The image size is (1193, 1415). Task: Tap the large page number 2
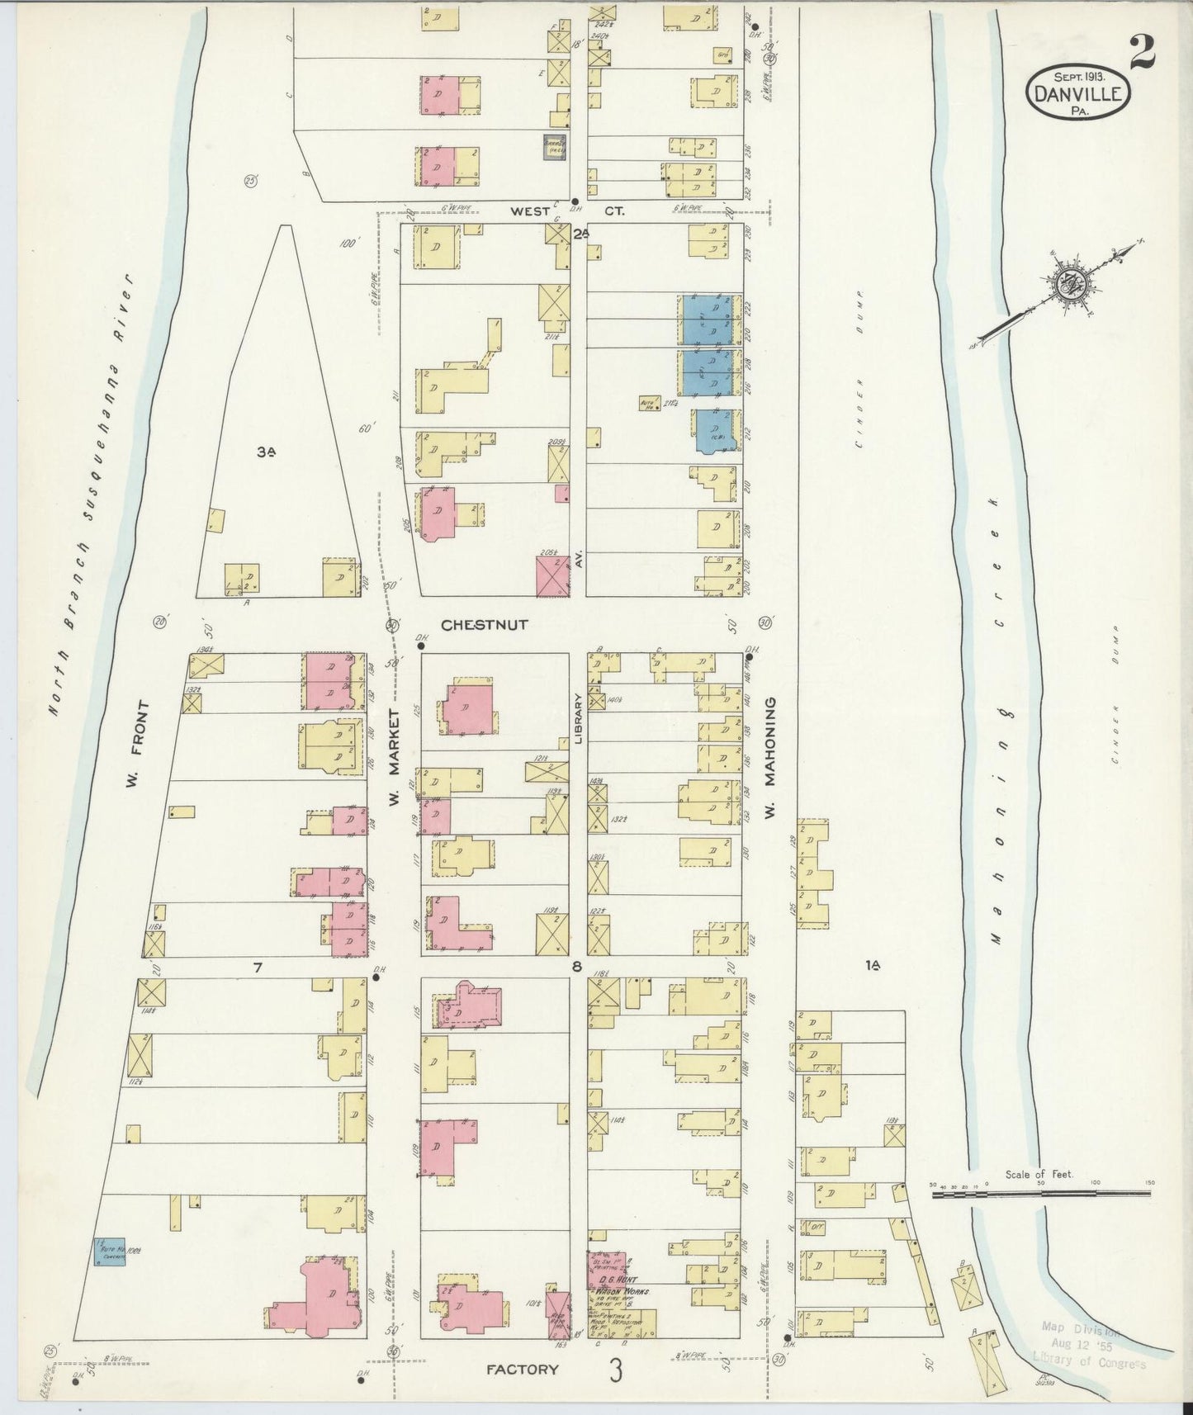point(1142,55)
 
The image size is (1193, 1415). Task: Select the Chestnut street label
point(484,625)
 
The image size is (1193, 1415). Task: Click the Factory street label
point(523,1369)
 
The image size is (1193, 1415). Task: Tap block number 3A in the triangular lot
point(266,452)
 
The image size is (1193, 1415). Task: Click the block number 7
point(257,968)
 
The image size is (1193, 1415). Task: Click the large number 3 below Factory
point(615,1370)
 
